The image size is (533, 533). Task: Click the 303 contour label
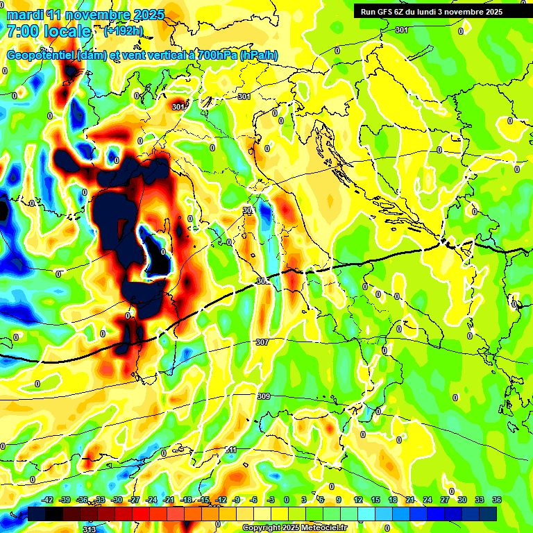pyautogui.click(x=248, y=210)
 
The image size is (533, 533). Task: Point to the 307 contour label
pyautogui.click(x=262, y=343)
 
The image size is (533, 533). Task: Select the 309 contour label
pyautogui.click(x=264, y=396)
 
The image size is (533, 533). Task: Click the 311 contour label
pyautogui.click(x=231, y=450)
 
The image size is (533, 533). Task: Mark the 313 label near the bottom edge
pyautogui.click(x=89, y=530)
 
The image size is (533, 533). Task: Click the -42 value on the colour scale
pyautogui.click(x=48, y=500)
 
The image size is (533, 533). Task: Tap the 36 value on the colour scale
pyautogui.click(x=498, y=500)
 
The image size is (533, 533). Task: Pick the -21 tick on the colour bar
pyautogui.click(x=169, y=500)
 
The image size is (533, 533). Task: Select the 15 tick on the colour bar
pyautogui.click(x=375, y=500)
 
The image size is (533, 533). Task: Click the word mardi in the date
pyautogui.click(x=25, y=15)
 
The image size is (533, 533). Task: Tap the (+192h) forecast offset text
pyautogui.click(x=124, y=31)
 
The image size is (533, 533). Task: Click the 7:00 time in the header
pyautogui.click(x=23, y=31)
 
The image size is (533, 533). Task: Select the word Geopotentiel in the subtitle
pyautogui.click(x=40, y=55)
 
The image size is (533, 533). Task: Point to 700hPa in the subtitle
pyautogui.click(x=214, y=55)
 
